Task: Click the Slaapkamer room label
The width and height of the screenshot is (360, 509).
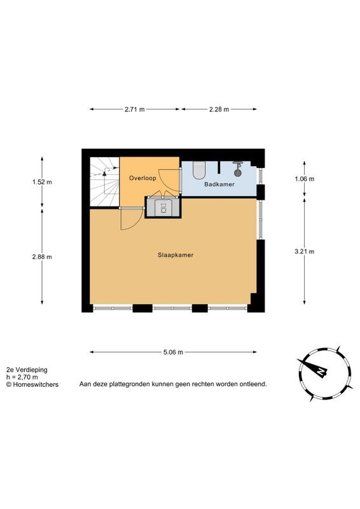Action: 176,255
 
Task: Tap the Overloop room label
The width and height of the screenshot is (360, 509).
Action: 142,178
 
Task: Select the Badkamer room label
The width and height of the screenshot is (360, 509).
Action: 219,185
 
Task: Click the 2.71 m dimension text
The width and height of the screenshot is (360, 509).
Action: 134,109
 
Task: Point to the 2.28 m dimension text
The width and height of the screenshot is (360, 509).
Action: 219,109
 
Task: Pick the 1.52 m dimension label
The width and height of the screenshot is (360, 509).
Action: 42,182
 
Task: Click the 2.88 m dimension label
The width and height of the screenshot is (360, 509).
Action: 42,257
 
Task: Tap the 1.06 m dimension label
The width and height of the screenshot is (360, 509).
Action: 305,179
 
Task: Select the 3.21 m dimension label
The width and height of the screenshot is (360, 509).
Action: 305,251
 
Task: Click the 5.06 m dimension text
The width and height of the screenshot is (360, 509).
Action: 174,352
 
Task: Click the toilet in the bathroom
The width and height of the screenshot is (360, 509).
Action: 199,170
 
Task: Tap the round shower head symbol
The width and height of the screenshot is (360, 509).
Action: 238,172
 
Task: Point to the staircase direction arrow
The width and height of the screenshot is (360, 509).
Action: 104,173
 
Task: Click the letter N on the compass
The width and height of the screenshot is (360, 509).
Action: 321,372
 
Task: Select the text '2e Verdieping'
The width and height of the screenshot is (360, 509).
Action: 27,370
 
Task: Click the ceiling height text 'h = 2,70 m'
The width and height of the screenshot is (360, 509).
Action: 22,377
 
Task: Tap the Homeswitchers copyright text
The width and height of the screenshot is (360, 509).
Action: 32,385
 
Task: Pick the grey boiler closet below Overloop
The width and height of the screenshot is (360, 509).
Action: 162,207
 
